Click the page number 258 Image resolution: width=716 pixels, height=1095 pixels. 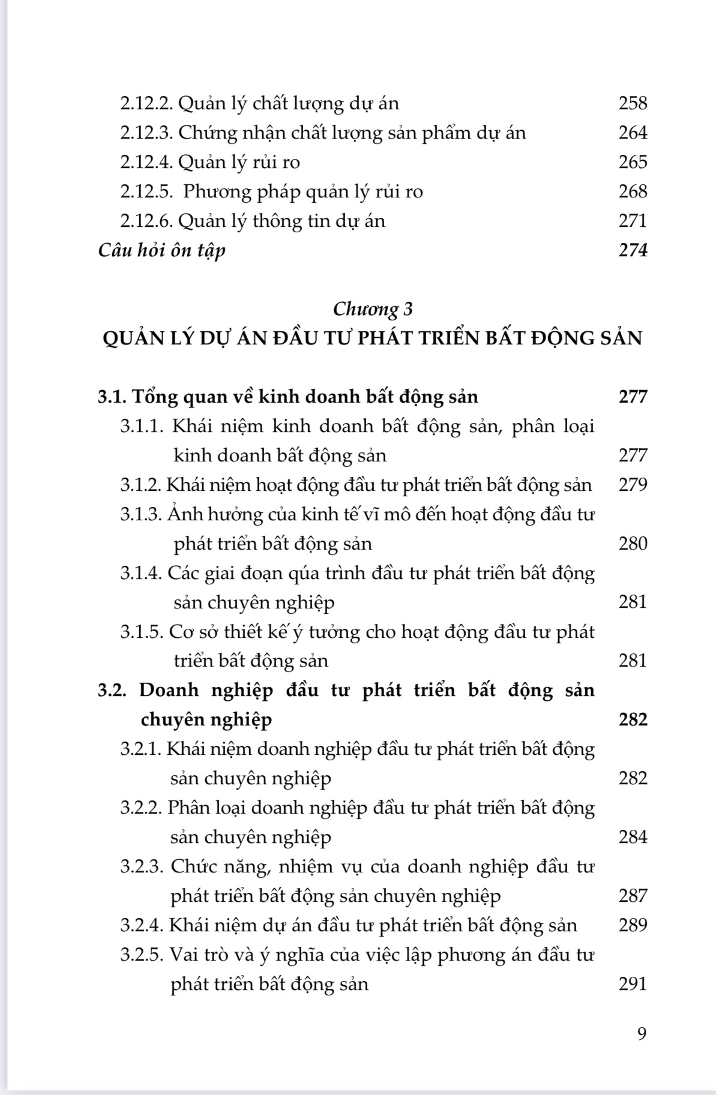pos(633,103)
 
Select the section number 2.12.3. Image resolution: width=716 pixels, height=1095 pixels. pos(146,133)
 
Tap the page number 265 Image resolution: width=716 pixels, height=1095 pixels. pos(633,162)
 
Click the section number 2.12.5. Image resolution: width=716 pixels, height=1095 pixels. pos(146,191)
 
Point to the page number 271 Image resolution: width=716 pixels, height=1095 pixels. pos(633,221)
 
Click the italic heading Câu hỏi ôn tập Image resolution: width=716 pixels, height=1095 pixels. pos(161,250)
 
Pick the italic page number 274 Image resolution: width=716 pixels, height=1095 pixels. pos(633,250)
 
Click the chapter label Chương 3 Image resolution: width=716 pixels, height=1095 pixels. pos(373,309)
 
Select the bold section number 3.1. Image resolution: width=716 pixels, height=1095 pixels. pos(112,397)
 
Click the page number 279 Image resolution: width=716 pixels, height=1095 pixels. pos(633,485)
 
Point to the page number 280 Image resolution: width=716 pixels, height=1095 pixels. pos(633,544)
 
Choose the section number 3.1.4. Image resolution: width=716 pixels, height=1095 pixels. pos(141,573)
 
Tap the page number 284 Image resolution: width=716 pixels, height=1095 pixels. pos(633,837)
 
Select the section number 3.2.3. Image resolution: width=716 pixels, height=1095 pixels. pos(142,866)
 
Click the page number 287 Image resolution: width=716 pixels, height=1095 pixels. pos(633,896)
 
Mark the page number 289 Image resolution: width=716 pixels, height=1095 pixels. pos(633,925)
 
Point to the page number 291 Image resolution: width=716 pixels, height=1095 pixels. pos(633,984)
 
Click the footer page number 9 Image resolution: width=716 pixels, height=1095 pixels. pos(642,1034)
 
